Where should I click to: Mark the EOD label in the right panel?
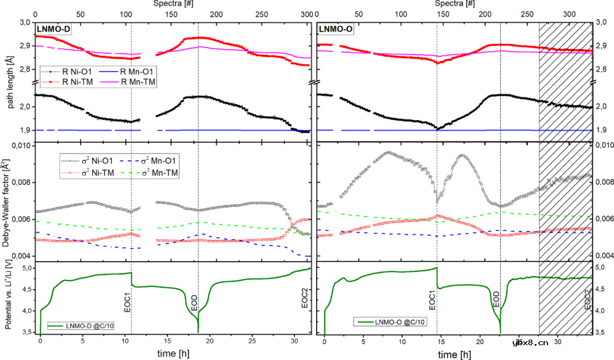pyautogui.click(x=496, y=299)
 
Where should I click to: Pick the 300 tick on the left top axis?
pyautogui.click(x=307, y=14)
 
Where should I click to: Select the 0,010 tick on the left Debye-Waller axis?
pyautogui.click(x=20, y=147)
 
